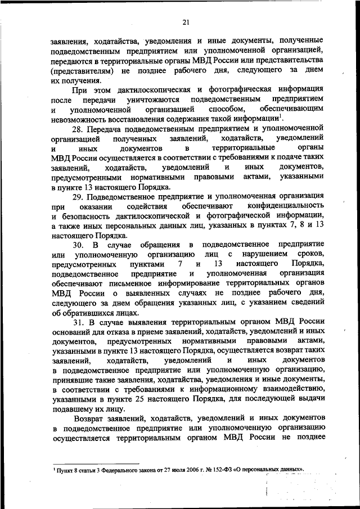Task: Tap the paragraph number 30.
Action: (80, 245)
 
